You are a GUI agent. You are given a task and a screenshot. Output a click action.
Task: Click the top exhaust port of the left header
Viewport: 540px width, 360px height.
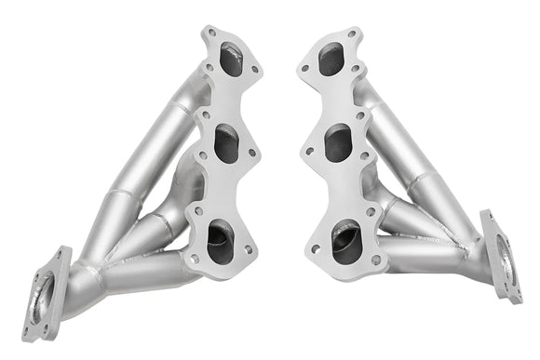[231, 60]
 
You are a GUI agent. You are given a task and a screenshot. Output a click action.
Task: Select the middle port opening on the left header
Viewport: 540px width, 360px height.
[226, 143]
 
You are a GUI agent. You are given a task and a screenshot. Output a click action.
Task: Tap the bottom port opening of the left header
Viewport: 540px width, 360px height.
[221, 243]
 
